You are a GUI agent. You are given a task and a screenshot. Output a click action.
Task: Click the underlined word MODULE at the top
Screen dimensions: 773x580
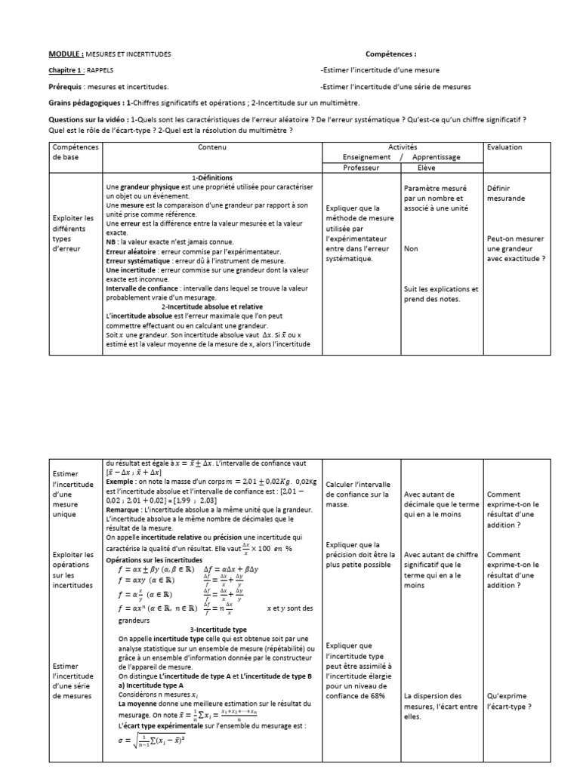tap(66, 54)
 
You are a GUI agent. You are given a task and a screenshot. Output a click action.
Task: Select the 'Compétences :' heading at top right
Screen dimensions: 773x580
tap(390, 54)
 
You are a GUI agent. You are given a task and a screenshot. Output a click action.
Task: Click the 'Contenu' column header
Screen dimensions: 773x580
tap(212, 147)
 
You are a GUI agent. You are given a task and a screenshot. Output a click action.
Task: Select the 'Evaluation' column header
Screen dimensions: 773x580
tap(504, 147)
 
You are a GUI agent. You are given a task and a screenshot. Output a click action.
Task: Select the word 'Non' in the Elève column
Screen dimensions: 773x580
tap(411, 248)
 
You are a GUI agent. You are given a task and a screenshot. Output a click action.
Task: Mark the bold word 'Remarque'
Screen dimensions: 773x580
tap(125, 510)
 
